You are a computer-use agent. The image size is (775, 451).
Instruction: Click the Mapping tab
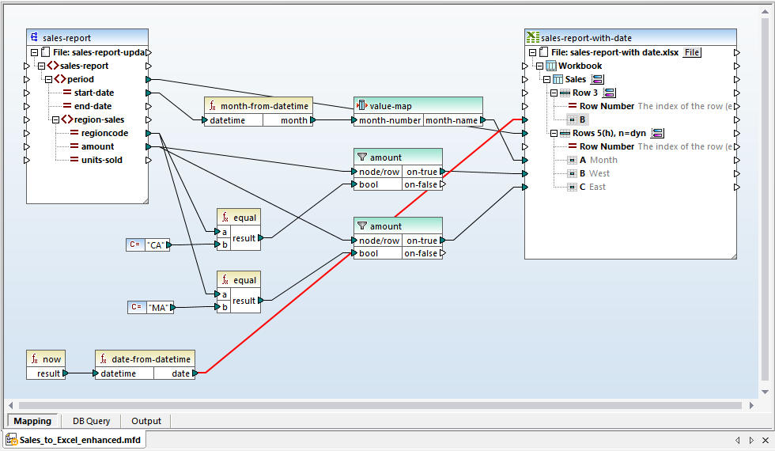(32, 421)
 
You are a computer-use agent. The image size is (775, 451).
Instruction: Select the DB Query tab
(91, 421)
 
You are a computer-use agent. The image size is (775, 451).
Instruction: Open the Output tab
(146, 421)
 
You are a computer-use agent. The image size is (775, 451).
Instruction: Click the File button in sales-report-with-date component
(692, 52)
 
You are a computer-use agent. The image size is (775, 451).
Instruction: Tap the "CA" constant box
(156, 245)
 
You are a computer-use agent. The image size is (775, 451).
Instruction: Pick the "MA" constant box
(158, 307)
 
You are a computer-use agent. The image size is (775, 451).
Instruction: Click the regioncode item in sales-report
(104, 133)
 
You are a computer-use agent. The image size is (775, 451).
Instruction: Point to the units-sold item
(101, 160)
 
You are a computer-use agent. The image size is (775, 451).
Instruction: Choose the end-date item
(93, 106)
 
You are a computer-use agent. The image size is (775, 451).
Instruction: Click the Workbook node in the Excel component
(580, 66)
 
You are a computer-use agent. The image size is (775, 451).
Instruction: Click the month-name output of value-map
(451, 120)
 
